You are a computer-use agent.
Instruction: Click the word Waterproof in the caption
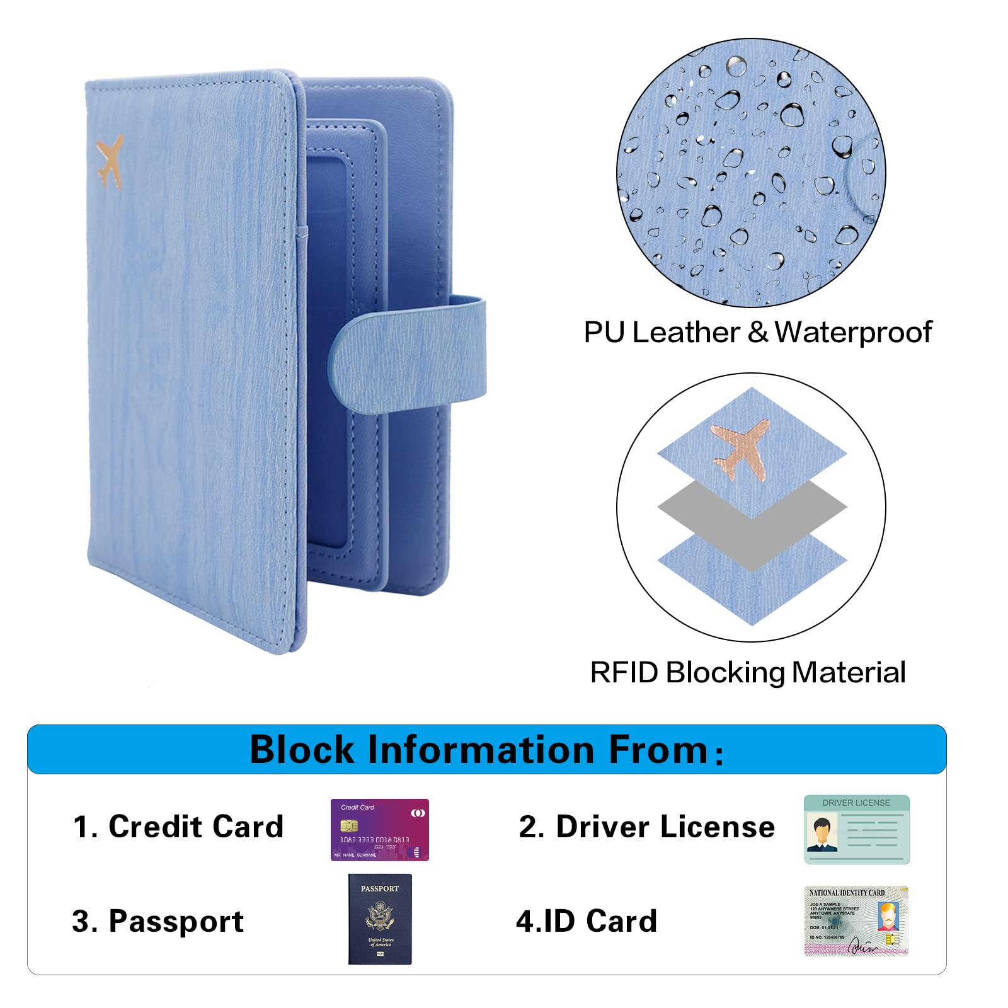[x=853, y=333]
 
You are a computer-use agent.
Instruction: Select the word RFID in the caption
[x=624, y=673]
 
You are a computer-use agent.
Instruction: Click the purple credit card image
[x=379, y=830]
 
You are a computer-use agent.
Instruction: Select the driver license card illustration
[x=856, y=829]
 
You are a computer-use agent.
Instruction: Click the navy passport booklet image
[x=380, y=919]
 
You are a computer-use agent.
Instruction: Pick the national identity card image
[x=856, y=920]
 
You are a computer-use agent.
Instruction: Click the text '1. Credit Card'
[x=178, y=827]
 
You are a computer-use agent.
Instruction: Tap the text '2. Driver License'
[x=646, y=827]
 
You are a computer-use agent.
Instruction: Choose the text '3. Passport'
[x=157, y=921]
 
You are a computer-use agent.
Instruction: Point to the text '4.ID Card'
[x=587, y=921]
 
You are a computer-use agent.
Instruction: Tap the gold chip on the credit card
[x=348, y=825]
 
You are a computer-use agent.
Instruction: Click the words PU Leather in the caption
[x=661, y=333]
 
